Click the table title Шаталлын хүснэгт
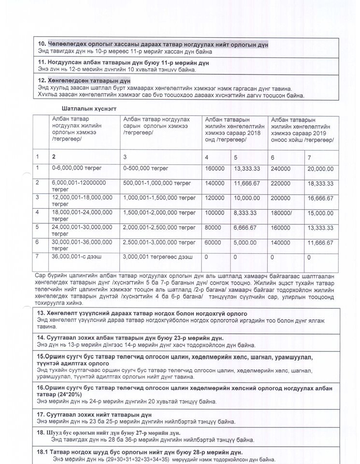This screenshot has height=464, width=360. tap(89, 108)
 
